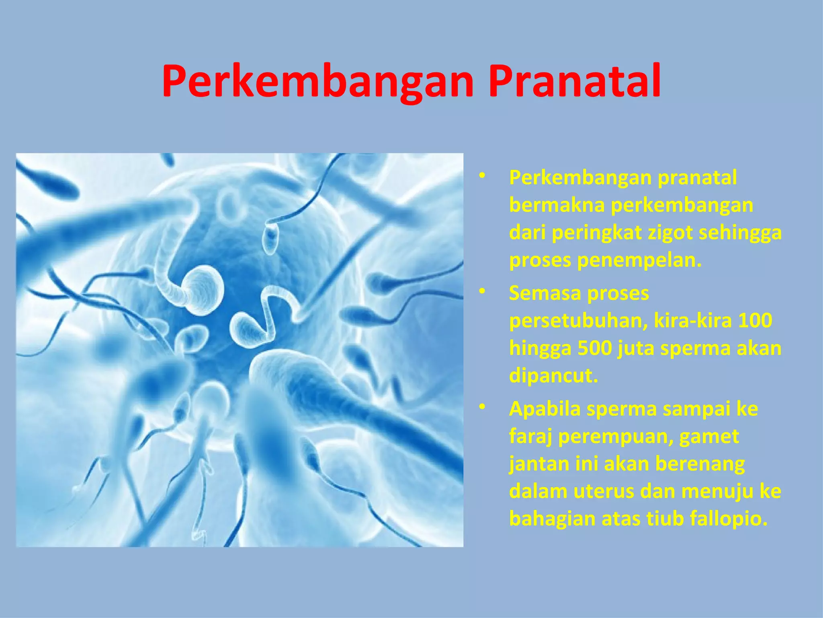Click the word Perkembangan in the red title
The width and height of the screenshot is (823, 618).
(x=318, y=81)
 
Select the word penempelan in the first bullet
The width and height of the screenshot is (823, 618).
(x=639, y=260)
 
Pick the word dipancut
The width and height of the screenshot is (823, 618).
(x=553, y=376)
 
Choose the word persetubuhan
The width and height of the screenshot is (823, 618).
(x=578, y=321)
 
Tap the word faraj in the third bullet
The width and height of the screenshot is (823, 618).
(x=530, y=436)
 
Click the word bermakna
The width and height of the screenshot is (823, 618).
(x=557, y=205)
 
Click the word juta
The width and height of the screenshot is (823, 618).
(x=635, y=348)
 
